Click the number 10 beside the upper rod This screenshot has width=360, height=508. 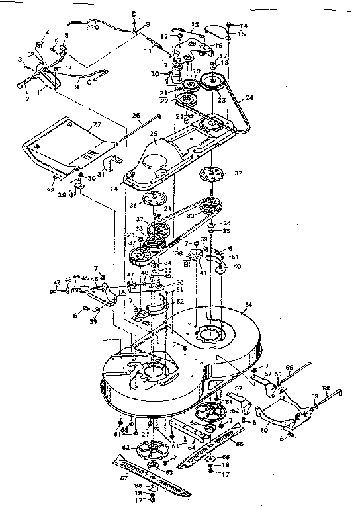pos(95,28)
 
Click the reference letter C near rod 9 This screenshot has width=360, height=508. pos(99,79)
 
